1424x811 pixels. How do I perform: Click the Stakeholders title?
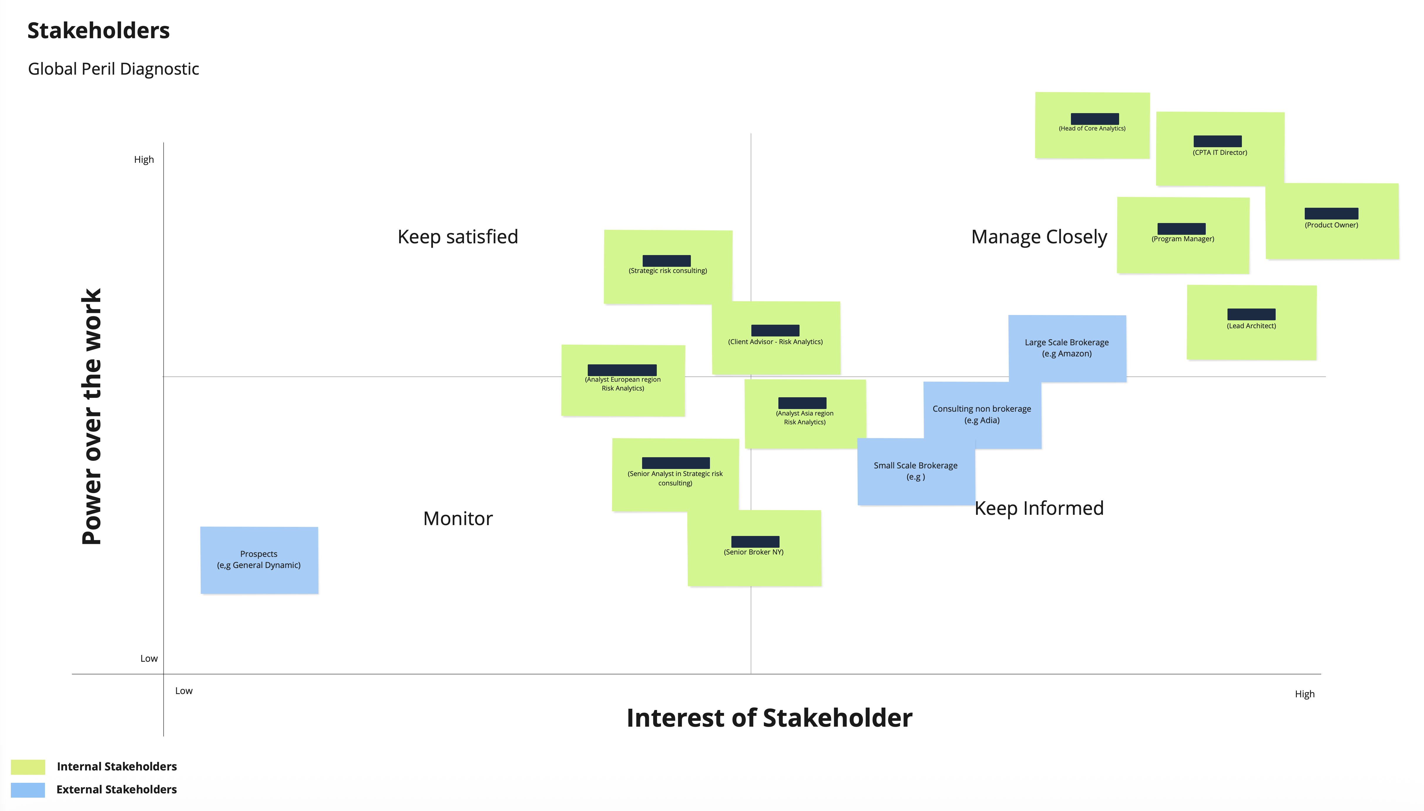click(x=98, y=31)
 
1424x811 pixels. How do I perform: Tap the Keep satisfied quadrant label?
click(x=458, y=237)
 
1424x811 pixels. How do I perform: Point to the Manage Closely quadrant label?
click(x=1039, y=237)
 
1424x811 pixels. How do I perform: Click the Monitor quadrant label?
click(x=458, y=519)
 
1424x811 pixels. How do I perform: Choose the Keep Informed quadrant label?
click(x=1039, y=508)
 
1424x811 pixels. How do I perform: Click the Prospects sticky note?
click(x=259, y=560)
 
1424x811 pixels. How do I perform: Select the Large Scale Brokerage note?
click(x=1067, y=348)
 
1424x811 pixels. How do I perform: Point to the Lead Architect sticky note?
click(x=1251, y=323)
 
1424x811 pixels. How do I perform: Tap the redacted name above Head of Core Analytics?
click(x=1094, y=119)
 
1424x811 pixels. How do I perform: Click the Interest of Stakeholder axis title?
click(x=769, y=718)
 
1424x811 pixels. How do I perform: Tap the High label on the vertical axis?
click(x=144, y=160)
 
